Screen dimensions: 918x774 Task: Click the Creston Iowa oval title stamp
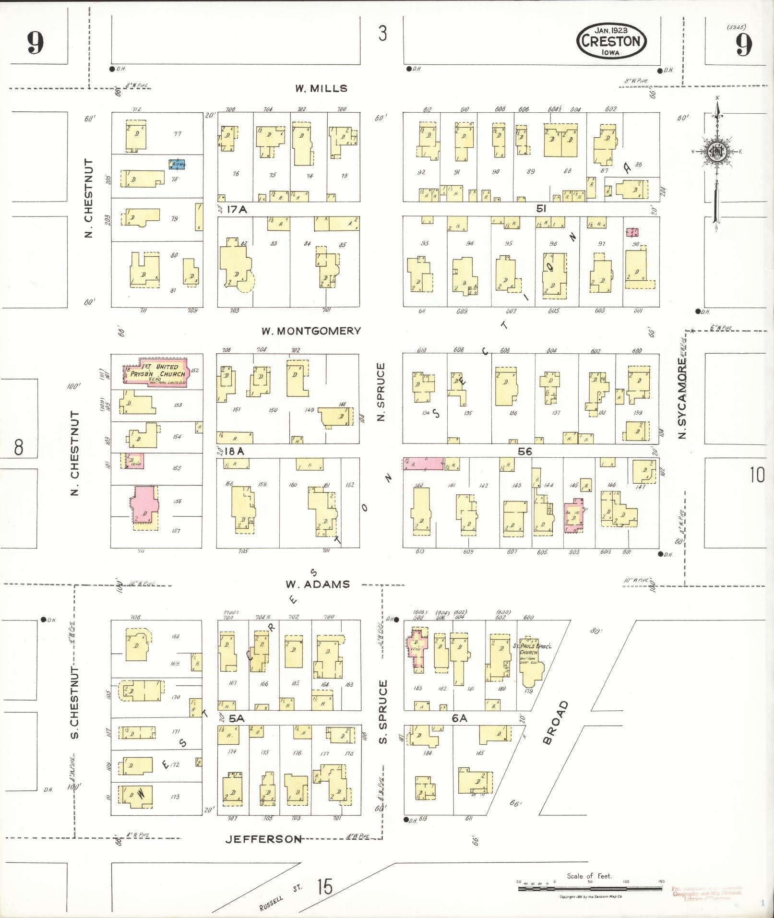(x=611, y=42)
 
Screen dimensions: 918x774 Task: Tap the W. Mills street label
(x=321, y=88)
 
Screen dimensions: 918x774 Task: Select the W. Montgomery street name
(x=311, y=331)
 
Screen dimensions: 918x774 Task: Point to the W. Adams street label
(x=318, y=584)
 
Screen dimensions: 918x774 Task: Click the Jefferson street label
(x=263, y=839)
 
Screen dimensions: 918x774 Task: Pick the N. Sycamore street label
(x=682, y=398)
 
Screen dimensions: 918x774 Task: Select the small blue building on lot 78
(x=177, y=164)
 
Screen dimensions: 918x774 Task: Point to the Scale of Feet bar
(x=590, y=889)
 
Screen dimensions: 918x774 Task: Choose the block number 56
(x=525, y=452)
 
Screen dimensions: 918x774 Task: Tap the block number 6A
(x=459, y=718)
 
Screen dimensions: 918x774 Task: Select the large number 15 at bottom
(x=325, y=886)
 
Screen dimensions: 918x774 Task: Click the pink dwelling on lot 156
(x=144, y=505)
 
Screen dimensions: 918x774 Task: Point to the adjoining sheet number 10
(x=757, y=475)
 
